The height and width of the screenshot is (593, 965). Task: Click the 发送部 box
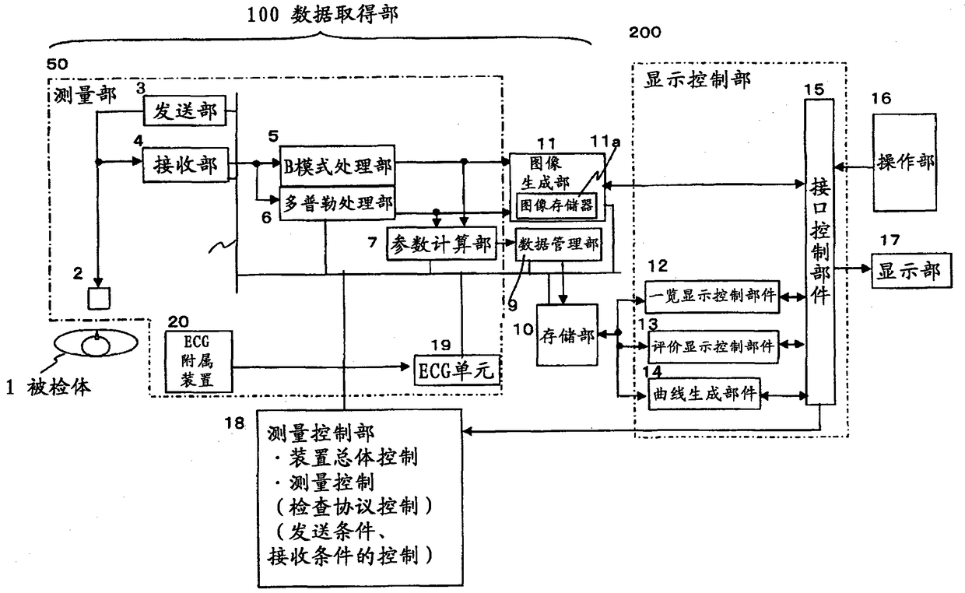click(x=184, y=111)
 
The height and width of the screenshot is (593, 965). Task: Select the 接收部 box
click(x=185, y=165)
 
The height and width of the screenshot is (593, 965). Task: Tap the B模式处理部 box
click(x=337, y=166)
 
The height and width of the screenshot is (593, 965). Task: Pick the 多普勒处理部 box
click(x=337, y=203)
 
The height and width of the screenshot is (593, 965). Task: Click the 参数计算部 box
click(x=441, y=244)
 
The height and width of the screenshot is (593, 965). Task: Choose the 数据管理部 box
click(x=558, y=244)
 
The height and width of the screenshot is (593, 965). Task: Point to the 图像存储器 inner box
click(x=556, y=205)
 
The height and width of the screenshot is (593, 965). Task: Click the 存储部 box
click(x=567, y=335)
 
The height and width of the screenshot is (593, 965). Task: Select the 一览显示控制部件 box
click(x=711, y=296)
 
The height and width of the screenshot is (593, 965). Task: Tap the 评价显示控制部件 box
click(x=713, y=346)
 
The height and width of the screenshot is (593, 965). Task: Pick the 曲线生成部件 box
click(x=704, y=394)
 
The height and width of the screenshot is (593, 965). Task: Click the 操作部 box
click(x=904, y=163)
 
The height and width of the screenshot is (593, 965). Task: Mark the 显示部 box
click(x=911, y=271)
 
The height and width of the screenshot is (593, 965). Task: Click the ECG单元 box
click(x=457, y=370)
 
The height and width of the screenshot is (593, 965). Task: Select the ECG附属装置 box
click(x=198, y=361)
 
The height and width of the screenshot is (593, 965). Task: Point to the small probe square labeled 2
click(x=99, y=298)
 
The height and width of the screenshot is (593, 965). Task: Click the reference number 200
click(x=644, y=33)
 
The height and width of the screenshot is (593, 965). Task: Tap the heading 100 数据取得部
click(x=323, y=15)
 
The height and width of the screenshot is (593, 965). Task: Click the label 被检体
click(x=59, y=388)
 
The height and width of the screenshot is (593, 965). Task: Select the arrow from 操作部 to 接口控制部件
click(x=854, y=167)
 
